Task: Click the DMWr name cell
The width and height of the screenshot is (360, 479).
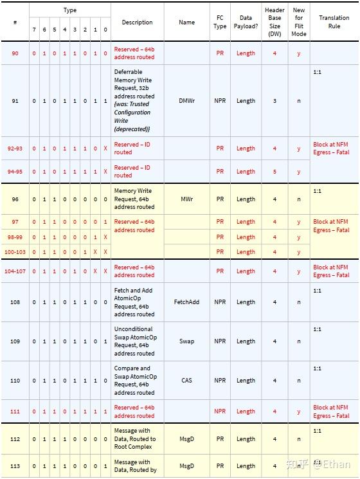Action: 186,101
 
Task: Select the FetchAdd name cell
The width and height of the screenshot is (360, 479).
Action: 186,302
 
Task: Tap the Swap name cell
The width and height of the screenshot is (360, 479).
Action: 186,341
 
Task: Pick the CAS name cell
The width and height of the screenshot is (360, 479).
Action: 186,381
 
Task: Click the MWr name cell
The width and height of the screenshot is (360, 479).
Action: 186,199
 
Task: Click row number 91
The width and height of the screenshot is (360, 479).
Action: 15,101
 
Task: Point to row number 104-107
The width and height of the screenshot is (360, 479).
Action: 15,271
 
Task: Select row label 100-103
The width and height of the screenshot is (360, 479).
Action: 15,252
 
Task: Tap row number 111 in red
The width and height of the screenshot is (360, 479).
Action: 15,411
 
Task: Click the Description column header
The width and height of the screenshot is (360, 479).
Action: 137,23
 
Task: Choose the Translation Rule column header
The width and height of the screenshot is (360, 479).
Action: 334,22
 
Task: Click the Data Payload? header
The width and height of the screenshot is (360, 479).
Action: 246,22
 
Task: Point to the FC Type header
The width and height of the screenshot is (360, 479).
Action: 220,22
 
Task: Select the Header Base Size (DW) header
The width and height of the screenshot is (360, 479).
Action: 274,22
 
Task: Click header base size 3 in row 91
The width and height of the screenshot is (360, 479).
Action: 274,101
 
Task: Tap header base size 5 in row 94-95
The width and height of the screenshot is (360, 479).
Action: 274,172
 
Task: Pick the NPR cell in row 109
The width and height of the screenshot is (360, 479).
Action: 220,341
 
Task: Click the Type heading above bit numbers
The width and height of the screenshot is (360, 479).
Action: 70,10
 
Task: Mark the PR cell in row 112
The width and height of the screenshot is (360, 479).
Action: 220,440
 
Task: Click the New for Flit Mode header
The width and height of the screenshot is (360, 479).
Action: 299,22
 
